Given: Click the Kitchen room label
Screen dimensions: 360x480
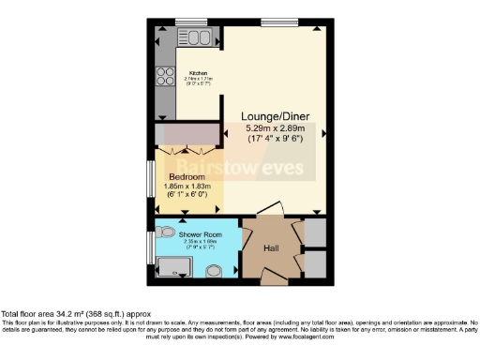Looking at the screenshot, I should tap(198, 72).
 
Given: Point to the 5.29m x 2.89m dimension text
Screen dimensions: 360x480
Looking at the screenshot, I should tap(277, 128).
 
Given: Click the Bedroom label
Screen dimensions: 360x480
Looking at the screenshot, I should tap(187, 176).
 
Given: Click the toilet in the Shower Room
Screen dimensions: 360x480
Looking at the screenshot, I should tap(166, 231).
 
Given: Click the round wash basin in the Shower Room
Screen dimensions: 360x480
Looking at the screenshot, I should tap(214, 271).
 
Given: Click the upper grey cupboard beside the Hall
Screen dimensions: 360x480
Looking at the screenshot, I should tap(316, 232).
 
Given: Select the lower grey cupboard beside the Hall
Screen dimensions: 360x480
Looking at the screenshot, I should tap(316, 263).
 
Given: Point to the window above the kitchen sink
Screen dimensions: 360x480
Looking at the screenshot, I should tap(190, 22).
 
